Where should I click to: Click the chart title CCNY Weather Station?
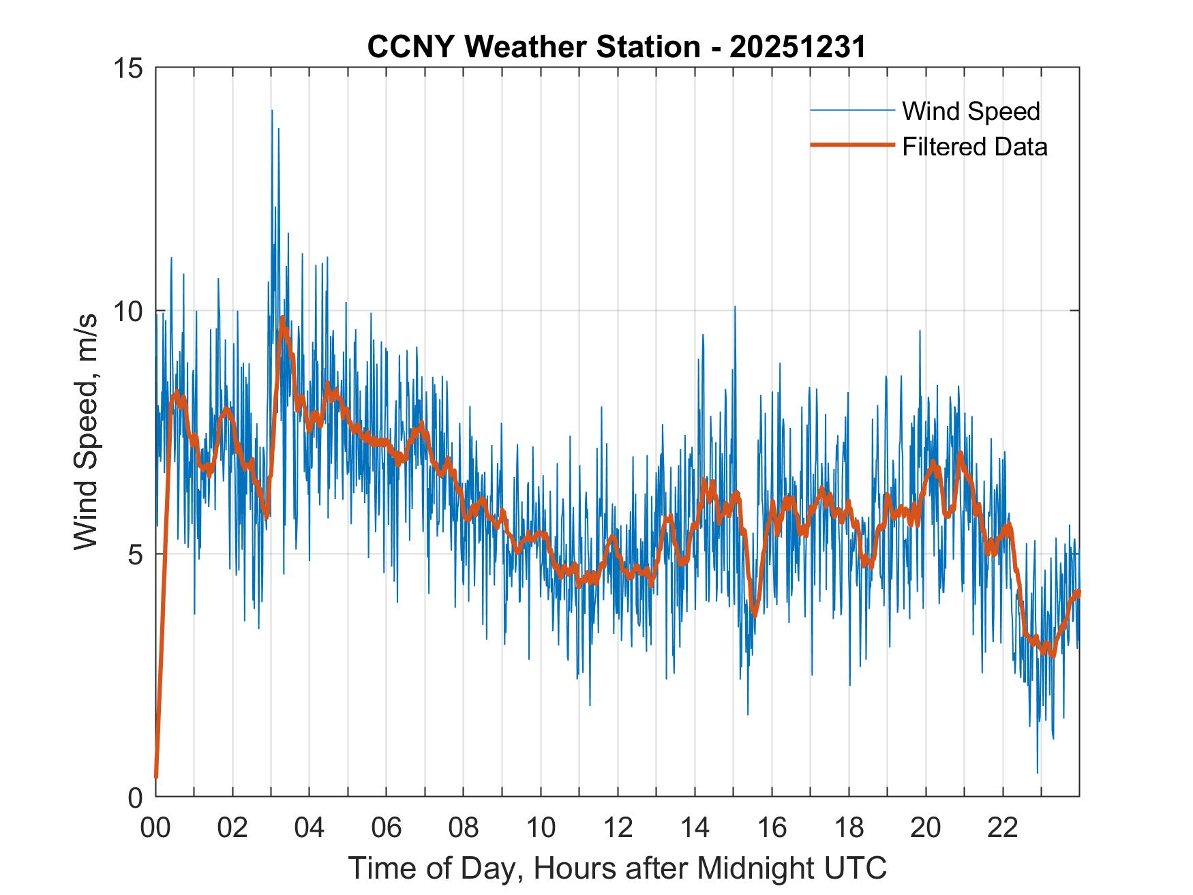tap(616, 47)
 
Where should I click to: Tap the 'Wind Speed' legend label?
tap(971, 111)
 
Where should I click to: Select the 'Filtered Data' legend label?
tap(974, 147)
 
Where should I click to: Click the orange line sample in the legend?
tap(852, 145)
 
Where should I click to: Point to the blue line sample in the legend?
tap(852, 110)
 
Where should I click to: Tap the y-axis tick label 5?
tap(134, 554)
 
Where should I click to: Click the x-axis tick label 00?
tap(155, 828)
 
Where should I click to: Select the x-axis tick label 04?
tap(309, 828)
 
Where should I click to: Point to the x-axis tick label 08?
tap(464, 828)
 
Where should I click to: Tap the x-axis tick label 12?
tap(618, 828)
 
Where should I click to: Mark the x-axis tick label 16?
tap(772, 828)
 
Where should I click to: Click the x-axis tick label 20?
tap(926, 828)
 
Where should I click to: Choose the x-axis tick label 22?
tap(1003, 828)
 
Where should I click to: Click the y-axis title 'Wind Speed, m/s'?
tap(87, 431)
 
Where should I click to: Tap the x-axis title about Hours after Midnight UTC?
tap(617, 868)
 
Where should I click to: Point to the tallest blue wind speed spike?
tap(272, 111)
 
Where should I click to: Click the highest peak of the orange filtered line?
tap(282, 318)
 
